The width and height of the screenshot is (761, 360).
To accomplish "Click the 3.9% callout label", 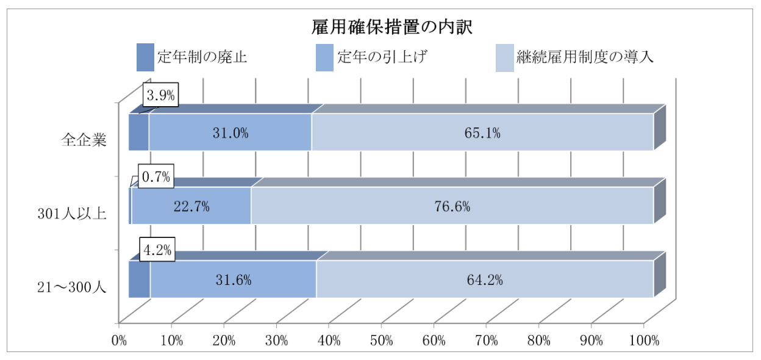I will pos(161,95).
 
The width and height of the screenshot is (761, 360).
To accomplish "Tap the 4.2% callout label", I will pos(158,250).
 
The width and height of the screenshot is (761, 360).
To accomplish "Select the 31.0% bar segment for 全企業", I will pos(230,132).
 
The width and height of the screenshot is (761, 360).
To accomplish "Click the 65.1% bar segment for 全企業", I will pos(482,132).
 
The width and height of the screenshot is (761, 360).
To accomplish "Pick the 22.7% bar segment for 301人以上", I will pos(191,206).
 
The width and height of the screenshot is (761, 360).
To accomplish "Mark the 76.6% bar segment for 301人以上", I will pos(452,206).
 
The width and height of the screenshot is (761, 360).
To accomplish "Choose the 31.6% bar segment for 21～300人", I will pos(233,279).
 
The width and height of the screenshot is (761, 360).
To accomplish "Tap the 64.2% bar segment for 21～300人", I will pos(484,279).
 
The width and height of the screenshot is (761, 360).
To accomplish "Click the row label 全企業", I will pos(84,140).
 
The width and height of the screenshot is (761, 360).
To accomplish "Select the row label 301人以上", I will pos(72,214).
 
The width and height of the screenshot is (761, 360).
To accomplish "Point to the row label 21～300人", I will pos(71,287).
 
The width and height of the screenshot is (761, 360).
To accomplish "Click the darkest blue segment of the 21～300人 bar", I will pos(139,279).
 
